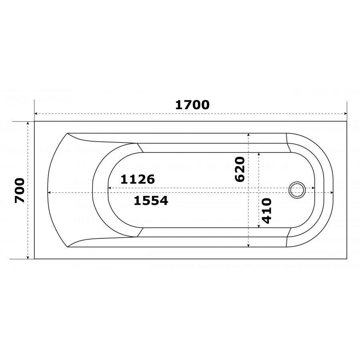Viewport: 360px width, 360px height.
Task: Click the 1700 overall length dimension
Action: click(x=192, y=105)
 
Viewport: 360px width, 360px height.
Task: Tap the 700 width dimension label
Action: click(x=20, y=190)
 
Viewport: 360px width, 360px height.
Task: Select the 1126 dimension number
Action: click(x=138, y=179)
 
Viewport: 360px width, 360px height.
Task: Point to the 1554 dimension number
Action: click(x=151, y=200)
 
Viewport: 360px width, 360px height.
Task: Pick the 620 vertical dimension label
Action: click(x=240, y=169)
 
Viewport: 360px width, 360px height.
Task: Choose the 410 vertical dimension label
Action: click(x=267, y=211)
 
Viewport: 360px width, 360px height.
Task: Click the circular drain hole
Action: click(x=297, y=190)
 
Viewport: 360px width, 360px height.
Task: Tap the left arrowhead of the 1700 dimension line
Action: click(x=36, y=114)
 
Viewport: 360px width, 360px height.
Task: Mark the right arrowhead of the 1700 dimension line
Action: click(x=345, y=114)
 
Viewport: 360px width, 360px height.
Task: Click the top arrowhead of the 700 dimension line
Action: click(x=28, y=123)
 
